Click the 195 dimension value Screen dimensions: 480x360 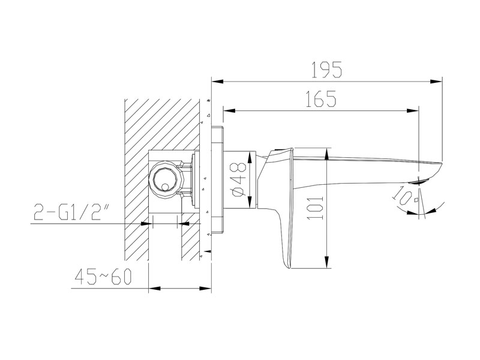[x=326, y=70]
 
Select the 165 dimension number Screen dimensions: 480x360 [x=321, y=98]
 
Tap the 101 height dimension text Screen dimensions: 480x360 [x=316, y=208]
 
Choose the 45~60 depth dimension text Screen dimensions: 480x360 [x=103, y=277]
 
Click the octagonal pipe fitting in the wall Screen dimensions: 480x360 [x=166, y=180]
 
